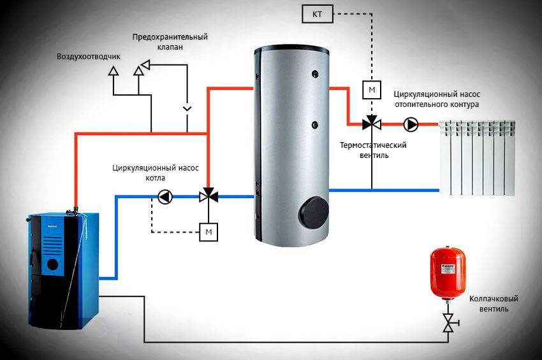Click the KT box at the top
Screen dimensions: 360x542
tap(317, 13)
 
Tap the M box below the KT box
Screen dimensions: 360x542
tap(372, 89)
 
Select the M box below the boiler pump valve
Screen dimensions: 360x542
tap(208, 231)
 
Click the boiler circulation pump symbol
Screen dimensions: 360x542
tap(165, 197)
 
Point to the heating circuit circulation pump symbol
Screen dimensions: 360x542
tap(411, 124)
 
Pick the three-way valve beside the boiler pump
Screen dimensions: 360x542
tap(208, 197)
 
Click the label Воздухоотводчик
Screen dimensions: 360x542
tap(88, 57)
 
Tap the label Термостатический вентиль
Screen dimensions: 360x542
tap(373, 150)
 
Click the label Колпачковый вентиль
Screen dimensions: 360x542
tap(493, 303)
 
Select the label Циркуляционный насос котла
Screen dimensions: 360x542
tap(156, 174)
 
